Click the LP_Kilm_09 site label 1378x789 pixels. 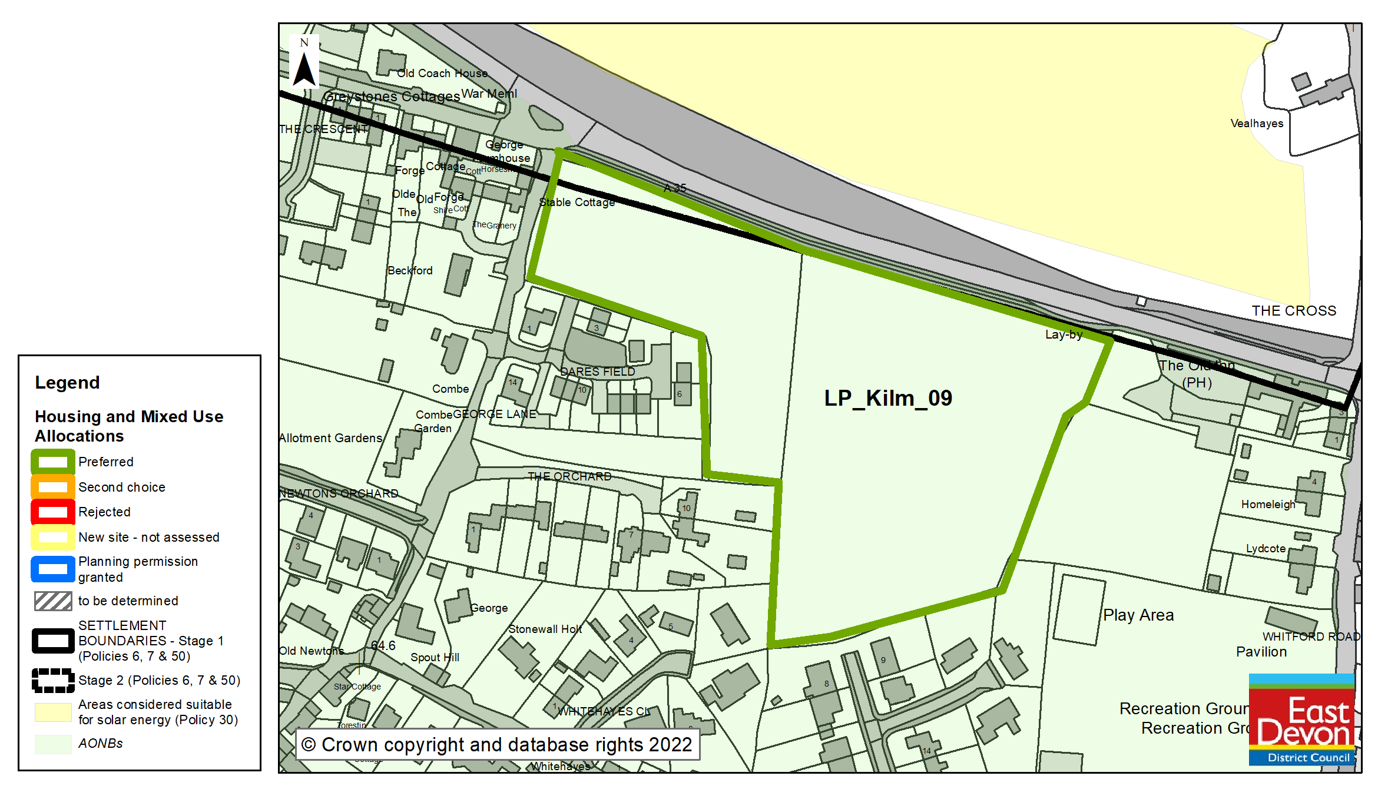tap(887, 399)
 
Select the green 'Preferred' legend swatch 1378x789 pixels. tap(53, 462)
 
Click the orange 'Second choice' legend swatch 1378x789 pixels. tap(53, 487)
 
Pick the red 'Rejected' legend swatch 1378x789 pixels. tap(53, 512)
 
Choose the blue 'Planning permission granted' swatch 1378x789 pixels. tap(53, 569)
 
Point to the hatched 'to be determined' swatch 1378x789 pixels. tap(53, 601)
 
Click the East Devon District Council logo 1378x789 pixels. tap(1301, 720)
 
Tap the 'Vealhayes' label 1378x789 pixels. tap(1257, 124)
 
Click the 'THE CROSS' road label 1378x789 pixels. tap(1294, 311)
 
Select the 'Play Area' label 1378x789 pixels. tap(1138, 615)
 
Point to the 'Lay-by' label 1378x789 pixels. tap(1064, 334)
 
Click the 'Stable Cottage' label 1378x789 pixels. tap(577, 203)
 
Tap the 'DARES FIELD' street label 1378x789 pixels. tap(597, 372)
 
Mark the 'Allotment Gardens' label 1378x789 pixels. tap(330, 438)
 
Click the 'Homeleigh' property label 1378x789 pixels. tap(1268, 505)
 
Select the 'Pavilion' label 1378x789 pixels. tap(1261, 652)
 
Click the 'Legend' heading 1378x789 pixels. tap(67, 383)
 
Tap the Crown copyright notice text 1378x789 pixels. tap(497, 745)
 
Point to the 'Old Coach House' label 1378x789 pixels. tap(442, 74)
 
